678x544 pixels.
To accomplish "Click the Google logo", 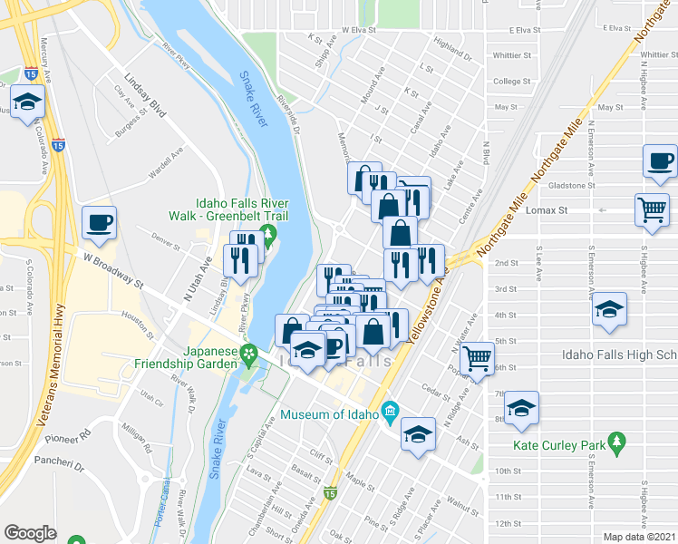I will click(x=30, y=533).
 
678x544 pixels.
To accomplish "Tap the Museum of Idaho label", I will click(x=330, y=415).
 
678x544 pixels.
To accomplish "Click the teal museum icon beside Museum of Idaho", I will click(x=391, y=412).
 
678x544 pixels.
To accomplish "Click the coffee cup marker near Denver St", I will click(x=100, y=220).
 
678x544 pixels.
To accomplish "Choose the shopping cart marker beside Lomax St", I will click(x=653, y=209).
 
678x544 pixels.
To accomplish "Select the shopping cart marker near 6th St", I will click(x=476, y=356).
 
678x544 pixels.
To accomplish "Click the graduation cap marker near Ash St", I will click(x=418, y=433).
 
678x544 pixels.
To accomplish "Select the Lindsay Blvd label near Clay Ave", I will click(x=145, y=96).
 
